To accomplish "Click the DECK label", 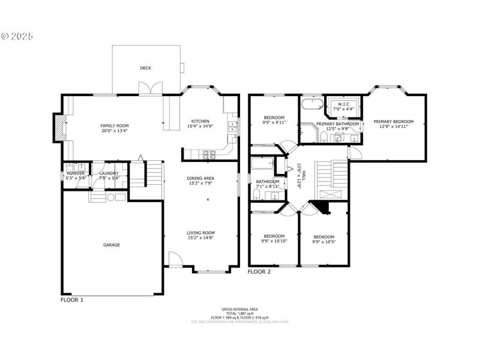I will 145,68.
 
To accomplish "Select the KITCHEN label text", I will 200,121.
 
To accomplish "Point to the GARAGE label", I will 112,245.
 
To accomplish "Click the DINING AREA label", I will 201,178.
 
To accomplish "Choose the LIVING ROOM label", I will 201,233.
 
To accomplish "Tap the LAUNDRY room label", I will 109,173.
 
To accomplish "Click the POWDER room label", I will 76,173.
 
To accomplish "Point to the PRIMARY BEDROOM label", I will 394,121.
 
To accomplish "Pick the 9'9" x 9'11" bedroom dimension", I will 274,122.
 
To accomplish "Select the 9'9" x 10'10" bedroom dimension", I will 274,241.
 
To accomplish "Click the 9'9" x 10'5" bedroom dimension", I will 323,241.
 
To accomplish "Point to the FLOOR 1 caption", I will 72,299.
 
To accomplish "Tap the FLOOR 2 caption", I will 259,272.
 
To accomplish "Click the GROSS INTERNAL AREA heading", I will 239,309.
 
